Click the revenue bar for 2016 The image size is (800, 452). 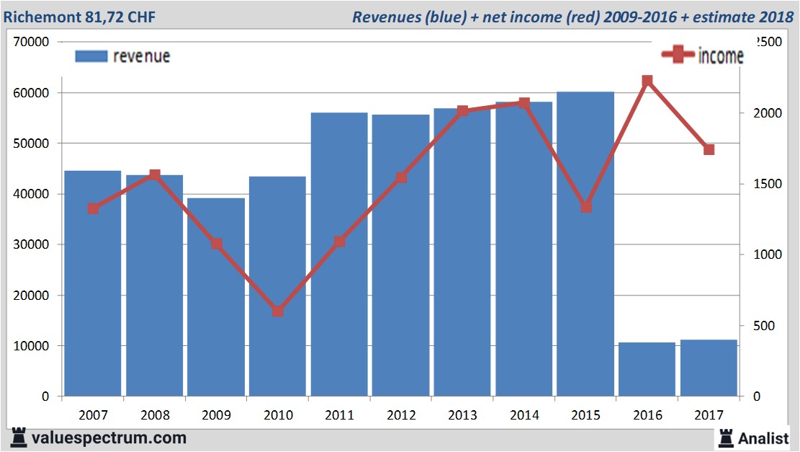pyautogui.click(x=647, y=369)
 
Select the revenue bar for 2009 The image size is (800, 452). pyautogui.click(x=216, y=297)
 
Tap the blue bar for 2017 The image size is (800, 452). pyautogui.click(x=709, y=368)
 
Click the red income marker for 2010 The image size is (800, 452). pyautogui.click(x=278, y=311)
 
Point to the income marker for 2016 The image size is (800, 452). pyautogui.click(x=647, y=81)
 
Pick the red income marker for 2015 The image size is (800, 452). pyautogui.click(x=585, y=207)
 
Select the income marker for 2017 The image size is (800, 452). pyautogui.click(x=709, y=149)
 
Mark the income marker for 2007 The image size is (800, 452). pyautogui.click(x=93, y=208)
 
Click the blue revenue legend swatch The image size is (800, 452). pyautogui.click(x=91, y=56)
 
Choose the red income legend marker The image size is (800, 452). pyautogui.click(x=678, y=55)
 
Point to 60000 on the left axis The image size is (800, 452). pyautogui.click(x=33, y=93)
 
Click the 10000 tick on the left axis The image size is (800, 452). pyautogui.click(x=33, y=346)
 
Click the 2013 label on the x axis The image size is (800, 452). pyautogui.click(x=462, y=415)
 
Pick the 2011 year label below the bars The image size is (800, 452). pyautogui.click(x=339, y=415)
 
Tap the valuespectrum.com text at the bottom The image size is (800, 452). pyautogui.click(x=109, y=438)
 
